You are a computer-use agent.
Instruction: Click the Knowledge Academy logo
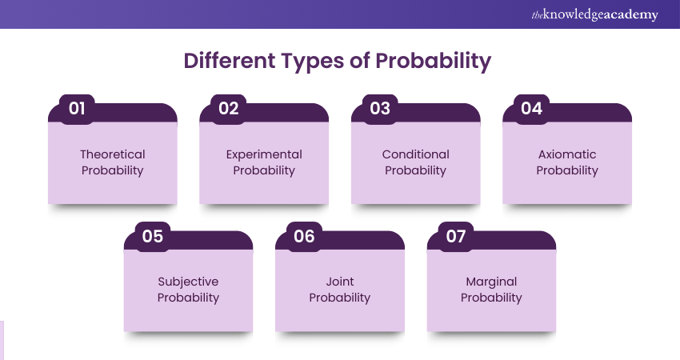[x=594, y=14]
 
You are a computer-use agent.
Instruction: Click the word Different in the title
[x=230, y=61]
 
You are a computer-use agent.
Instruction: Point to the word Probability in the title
[x=434, y=62]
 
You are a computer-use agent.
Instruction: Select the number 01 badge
[x=77, y=109]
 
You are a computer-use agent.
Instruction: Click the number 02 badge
[x=229, y=109]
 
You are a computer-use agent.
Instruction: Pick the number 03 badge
[x=380, y=109]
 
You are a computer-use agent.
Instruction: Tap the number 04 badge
[x=532, y=109]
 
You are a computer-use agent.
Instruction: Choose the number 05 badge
[x=153, y=236]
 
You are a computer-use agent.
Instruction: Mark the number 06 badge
[x=304, y=236]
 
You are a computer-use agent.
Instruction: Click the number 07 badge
[x=456, y=236]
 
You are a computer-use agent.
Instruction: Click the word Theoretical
[x=113, y=154]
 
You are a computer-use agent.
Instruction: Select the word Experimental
[x=264, y=155]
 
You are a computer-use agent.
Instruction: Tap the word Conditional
[x=416, y=154]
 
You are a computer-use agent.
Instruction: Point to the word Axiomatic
[x=567, y=154]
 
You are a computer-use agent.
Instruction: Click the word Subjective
[x=188, y=282]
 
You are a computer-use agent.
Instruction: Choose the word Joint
[x=340, y=282]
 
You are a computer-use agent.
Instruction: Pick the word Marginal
[x=491, y=282]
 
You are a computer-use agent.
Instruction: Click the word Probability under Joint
[x=339, y=298]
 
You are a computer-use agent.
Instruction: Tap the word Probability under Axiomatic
[x=567, y=171]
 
